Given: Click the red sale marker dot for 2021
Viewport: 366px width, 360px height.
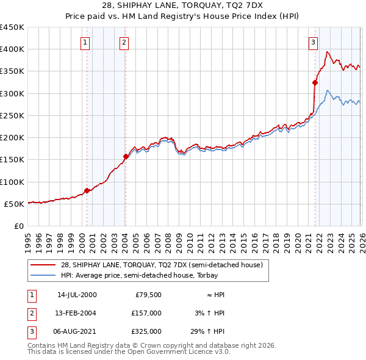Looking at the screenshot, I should [315, 82].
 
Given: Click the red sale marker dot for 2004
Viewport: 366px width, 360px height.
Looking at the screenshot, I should [126, 157].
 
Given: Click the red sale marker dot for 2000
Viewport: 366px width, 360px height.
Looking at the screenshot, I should [87, 190].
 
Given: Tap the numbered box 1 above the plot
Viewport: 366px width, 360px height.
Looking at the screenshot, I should [85, 42].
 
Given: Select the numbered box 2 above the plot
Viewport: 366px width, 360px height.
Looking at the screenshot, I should [124, 42].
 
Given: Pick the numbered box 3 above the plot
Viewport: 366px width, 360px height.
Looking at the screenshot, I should [313, 42].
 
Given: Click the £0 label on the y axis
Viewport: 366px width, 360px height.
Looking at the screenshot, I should [18, 226].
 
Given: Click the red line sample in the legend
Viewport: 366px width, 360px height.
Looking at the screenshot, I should [43, 265].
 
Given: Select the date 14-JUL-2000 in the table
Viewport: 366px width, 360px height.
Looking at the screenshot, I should [76, 295].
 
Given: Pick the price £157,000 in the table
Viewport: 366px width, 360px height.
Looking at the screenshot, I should [147, 313].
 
